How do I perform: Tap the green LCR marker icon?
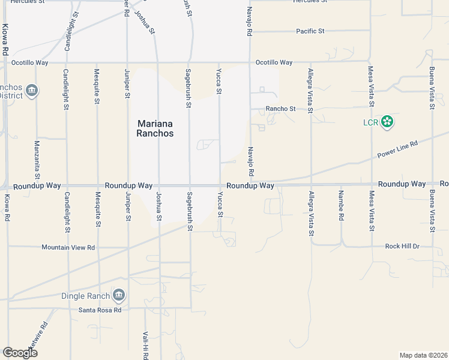coord(388,122)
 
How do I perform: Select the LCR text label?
coord(370,123)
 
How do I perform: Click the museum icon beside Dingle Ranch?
coord(119,295)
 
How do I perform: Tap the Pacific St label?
coord(310,31)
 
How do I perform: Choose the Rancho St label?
coord(282,109)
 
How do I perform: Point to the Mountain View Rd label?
coord(68,247)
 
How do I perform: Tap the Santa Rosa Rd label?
coord(100,310)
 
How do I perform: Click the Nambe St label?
coord(341,206)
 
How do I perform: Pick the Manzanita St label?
coord(37,160)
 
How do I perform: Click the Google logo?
coord(20,352)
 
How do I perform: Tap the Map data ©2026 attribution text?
coord(423,355)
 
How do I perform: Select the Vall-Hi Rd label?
coord(146,345)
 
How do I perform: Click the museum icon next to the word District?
coord(32,91)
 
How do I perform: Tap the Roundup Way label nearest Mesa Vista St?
coord(402,184)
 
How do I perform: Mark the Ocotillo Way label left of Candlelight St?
coord(34,62)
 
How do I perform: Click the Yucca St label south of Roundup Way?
coord(220,205)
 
